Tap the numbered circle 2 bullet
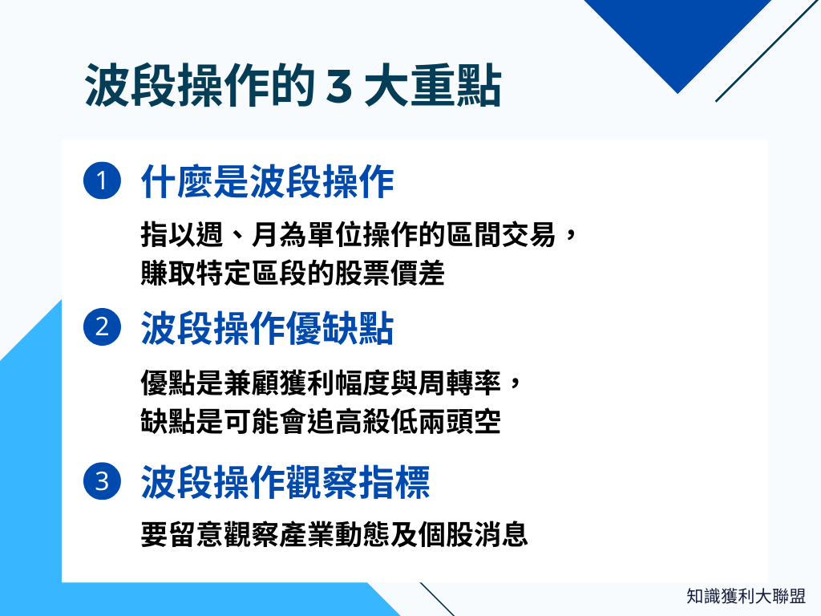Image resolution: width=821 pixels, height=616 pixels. pyautogui.click(x=102, y=328)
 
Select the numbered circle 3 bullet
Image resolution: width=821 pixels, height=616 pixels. pyautogui.click(x=102, y=482)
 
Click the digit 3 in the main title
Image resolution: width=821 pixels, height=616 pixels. pyautogui.click(x=338, y=86)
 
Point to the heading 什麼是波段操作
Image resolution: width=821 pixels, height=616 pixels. pyautogui.click(x=268, y=183)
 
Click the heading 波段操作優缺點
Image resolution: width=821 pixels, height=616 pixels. pyautogui.click(x=268, y=329)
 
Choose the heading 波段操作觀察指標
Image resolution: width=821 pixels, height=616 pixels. pyautogui.click(x=285, y=483)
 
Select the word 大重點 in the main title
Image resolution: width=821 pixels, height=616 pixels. pyautogui.click(x=433, y=86)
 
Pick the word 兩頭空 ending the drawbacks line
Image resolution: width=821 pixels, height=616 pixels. pyautogui.click(x=460, y=421)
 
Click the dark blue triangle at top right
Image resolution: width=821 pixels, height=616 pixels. pyautogui.click(x=677, y=36)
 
